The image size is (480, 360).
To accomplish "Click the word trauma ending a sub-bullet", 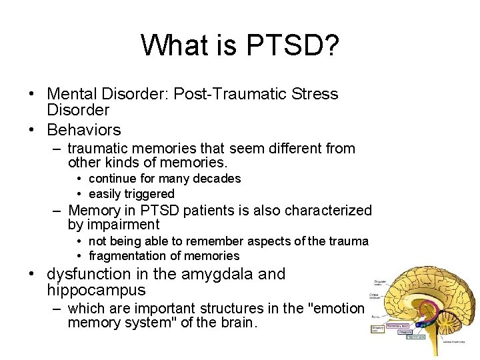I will [x=350, y=241].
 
